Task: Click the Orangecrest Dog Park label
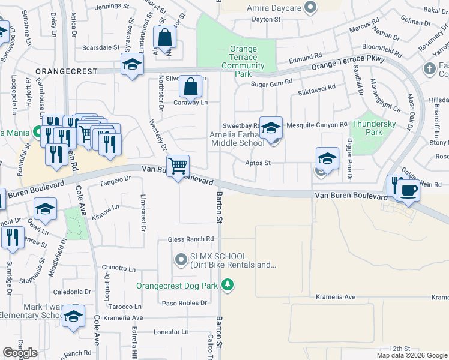pyautogui.click(x=176, y=286)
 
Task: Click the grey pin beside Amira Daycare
pyautogui.click(x=310, y=8)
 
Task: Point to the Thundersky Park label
pyautogui.click(x=375, y=127)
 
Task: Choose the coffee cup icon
pyautogui.click(x=409, y=191)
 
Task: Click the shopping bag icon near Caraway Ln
pyautogui.click(x=190, y=88)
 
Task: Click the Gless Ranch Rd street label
pyautogui.click(x=191, y=239)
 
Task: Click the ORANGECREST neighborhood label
pyautogui.click(x=66, y=71)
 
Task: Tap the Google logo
pyautogui.click(x=20, y=353)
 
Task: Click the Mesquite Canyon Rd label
pyautogui.click(x=317, y=125)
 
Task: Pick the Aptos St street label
pyautogui.click(x=258, y=163)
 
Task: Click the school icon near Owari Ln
pyautogui.click(x=46, y=209)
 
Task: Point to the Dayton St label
pyautogui.click(x=266, y=19)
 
